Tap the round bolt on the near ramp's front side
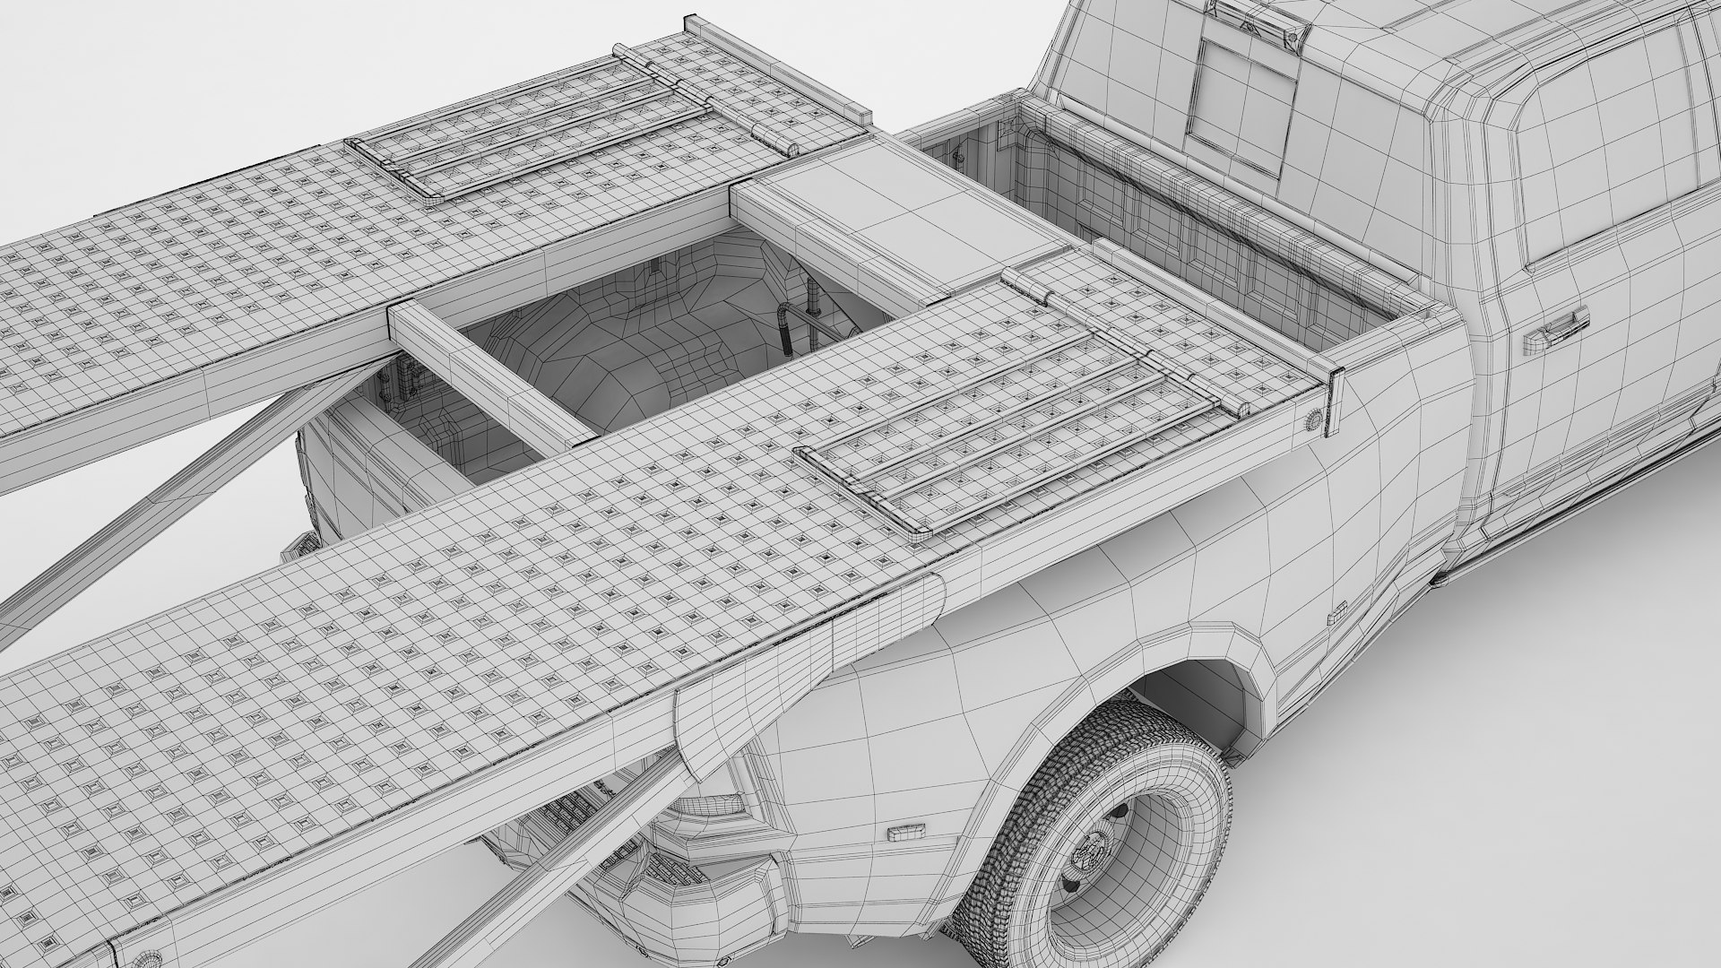pos(1312,419)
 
